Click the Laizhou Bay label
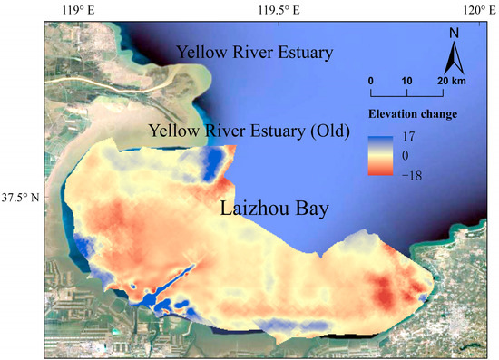pos(275,209)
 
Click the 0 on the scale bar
pos(370,80)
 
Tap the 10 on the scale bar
pos(406,80)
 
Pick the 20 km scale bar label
pos(450,80)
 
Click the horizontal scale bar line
pos(406,92)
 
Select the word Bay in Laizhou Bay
pos(310,210)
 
